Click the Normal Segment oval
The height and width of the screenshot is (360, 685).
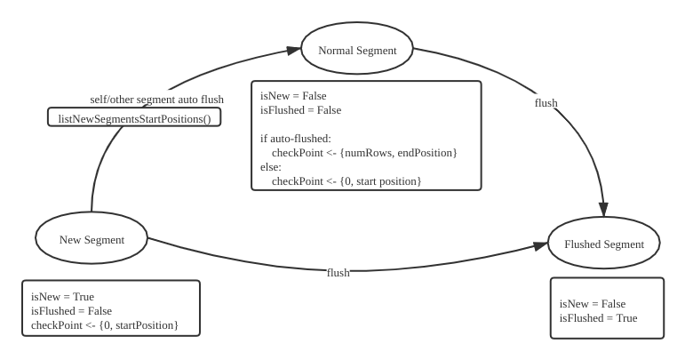click(x=357, y=51)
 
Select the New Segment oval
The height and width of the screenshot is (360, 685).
click(x=92, y=239)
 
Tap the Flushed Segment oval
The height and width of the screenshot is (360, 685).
click(x=603, y=244)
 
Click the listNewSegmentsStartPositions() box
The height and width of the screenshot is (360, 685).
click(x=134, y=117)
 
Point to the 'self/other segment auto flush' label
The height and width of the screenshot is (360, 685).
click(x=157, y=98)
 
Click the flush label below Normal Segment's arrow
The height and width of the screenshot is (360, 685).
click(x=546, y=103)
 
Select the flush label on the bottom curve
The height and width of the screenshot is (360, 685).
click(x=338, y=272)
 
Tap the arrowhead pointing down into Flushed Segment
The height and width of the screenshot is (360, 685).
click(x=603, y=211)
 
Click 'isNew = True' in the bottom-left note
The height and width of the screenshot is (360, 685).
click(x=62, y=297)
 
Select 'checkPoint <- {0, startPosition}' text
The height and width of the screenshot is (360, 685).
click(x=105, y=325)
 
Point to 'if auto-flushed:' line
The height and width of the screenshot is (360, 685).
click(x=296, y=139)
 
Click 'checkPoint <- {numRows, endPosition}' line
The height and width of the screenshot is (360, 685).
click(x=364, y=153)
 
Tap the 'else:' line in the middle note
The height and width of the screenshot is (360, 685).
click(x=271, y=167)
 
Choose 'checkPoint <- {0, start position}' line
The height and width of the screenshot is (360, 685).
click(x=346, y=181)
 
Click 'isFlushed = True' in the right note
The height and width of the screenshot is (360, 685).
click(x=598, y=318)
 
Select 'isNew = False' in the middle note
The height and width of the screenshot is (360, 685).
click(x=293, y=96)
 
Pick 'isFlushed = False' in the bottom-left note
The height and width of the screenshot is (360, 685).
click(x=71, y=311)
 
